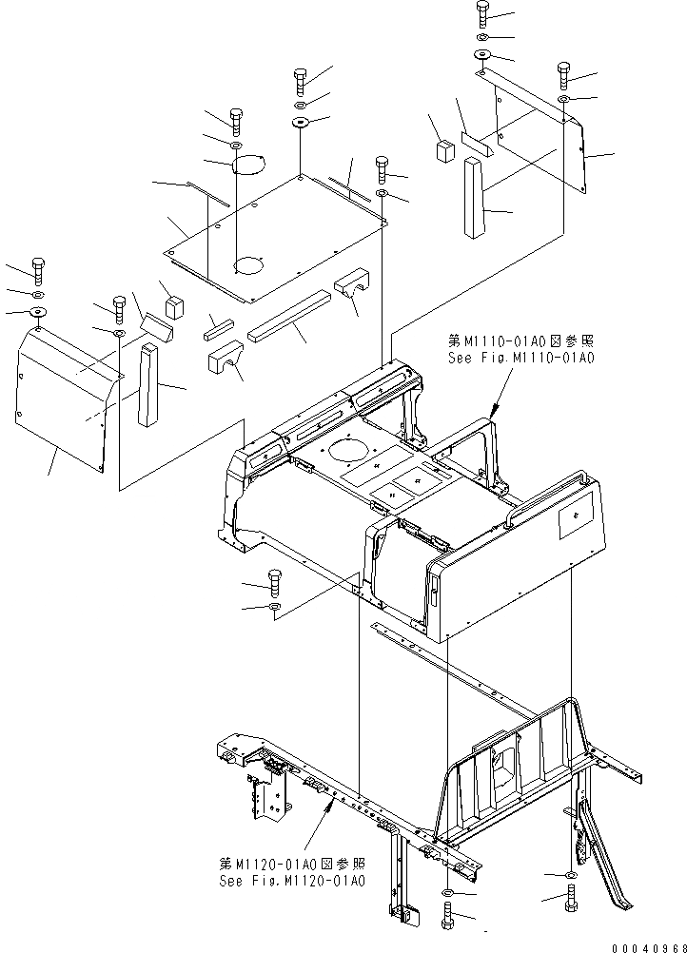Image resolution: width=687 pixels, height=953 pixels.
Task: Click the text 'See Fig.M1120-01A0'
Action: click(291, 881)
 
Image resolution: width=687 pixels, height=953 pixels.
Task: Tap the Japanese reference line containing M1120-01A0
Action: click(291, 865)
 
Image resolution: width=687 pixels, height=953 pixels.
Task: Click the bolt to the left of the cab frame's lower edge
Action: click(274, 581)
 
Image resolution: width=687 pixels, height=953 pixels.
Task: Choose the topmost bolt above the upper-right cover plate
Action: click(481, 13)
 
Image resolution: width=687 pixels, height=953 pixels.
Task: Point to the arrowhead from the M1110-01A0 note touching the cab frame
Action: click(494, 410)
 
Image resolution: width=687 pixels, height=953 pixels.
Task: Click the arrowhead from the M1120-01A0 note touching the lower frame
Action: click(332, 806)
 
